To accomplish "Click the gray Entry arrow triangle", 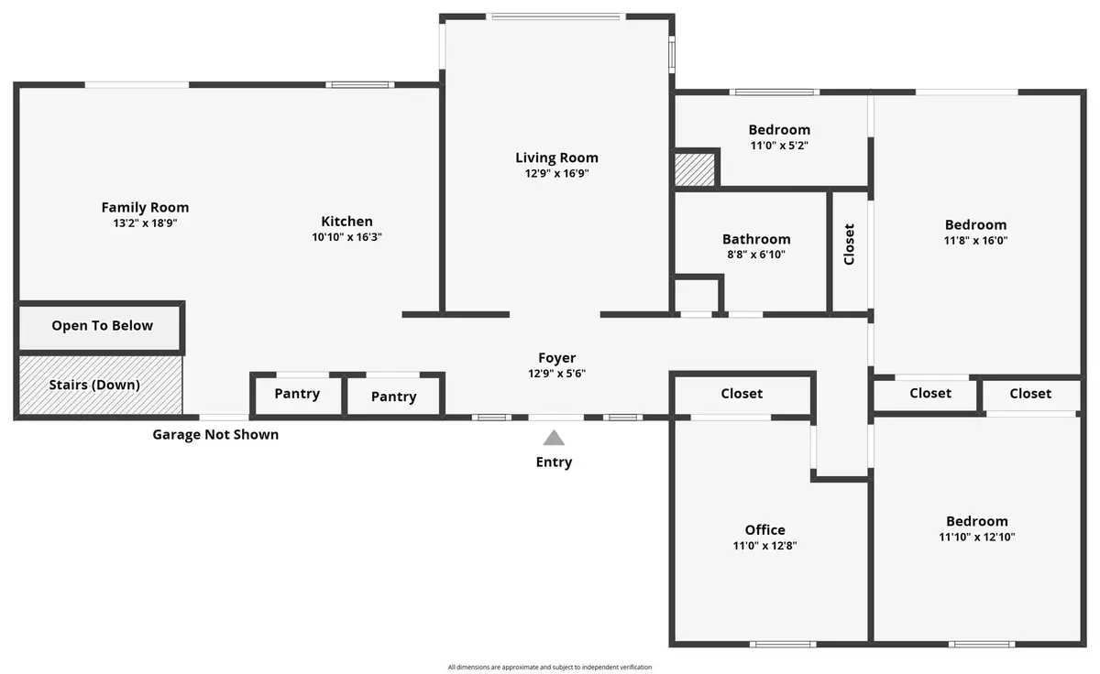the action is (x=554, y=438).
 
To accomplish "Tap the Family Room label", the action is (x=145, y=208).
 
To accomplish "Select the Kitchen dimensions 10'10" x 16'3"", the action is (x=346, y=237).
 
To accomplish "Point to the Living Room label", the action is (x=556, y=158).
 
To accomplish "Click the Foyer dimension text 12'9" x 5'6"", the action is (x=556, y=374).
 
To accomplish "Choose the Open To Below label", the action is (x=102, y=326).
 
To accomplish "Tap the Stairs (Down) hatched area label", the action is (x=94, y=385).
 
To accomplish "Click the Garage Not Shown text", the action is (x=215, y=435).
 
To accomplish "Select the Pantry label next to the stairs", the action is (x=297, y=394).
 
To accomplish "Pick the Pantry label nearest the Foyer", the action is (x=393, y=397).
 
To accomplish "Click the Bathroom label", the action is (x=756, y=239).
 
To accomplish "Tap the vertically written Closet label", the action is (x=849, y=245).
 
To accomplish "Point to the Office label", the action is (x=764, y=530).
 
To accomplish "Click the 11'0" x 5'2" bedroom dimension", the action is (x=779, y=146).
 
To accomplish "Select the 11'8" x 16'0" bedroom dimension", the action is (x=975, y=240).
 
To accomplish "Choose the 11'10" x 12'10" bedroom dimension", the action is (x=977, y=537).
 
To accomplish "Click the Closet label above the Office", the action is (x=742, y=394).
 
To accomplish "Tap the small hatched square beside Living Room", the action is (x=695, y=169).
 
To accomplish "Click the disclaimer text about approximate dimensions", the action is (x=549, y=668).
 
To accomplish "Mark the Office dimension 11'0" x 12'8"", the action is (x=764, y=546).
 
